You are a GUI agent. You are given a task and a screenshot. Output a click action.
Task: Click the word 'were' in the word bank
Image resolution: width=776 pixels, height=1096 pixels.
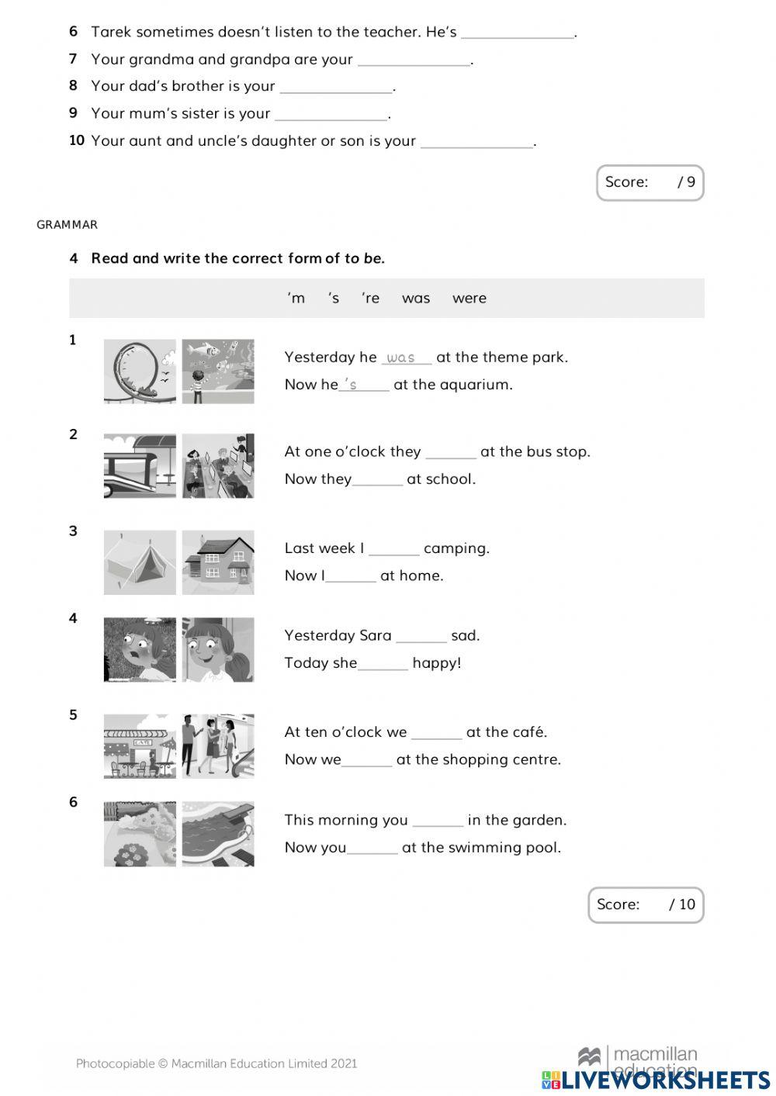pyautogui.click(x=469, y=299)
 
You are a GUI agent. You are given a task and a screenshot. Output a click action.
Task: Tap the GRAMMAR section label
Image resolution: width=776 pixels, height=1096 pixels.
pyautogui.click(x=68, y=225)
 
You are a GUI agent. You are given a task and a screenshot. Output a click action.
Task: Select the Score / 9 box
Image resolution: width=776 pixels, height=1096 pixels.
pyautogui.click(x=650, y=183)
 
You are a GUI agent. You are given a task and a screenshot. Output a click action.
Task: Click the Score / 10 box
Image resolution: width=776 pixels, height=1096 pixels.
pyautogui.click(x=645, y=904)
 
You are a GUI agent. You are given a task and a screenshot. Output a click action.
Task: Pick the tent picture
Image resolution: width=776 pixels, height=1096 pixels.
pyautogui.click(x=140, y=562)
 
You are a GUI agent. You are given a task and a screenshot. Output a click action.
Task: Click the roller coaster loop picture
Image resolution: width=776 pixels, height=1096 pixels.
pyautogui.click(x=140, y=371)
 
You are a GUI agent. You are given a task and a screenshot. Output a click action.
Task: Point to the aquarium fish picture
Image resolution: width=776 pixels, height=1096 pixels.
pyautogui.click(x=218, y=371)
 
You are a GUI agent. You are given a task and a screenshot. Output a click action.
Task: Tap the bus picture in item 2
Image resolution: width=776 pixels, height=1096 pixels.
pyautogui.click(x=140, y=466)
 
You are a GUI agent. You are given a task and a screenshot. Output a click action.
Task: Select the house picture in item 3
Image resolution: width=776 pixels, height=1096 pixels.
pyautogui.click(x=218, y=562)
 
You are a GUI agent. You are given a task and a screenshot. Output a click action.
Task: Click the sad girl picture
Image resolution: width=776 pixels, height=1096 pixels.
pyautogui.click(x=140, y=650)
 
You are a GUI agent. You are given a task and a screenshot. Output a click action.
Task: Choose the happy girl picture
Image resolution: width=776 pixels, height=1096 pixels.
pyautogui.click(x=218, y=650)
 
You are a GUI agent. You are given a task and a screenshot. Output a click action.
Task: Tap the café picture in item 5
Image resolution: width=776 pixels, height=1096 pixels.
pyautogui.click(x=140, y=746)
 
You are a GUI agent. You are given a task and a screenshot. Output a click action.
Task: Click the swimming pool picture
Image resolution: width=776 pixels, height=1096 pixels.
pyautogui.click(x=218, y=834)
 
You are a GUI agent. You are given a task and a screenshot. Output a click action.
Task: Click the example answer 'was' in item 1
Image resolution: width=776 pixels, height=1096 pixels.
pyautogui.click(x=401, y=358)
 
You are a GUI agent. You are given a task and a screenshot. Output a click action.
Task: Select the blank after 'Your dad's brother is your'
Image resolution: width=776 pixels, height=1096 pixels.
pyautogui.click(x=336, y=87)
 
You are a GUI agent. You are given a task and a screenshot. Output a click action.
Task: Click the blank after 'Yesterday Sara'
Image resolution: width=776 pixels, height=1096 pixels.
pyautogui.click(x=421, y=637)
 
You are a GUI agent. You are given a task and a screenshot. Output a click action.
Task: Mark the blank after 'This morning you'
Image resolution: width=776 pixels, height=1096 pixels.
pyautogui.click(x=438, y=821)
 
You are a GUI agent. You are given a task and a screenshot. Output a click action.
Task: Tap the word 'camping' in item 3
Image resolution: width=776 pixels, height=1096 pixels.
pyautogui.click(x=456, y=548)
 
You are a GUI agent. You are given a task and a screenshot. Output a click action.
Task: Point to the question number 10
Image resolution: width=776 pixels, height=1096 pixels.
pyautogui.click(x=76, y=140)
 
